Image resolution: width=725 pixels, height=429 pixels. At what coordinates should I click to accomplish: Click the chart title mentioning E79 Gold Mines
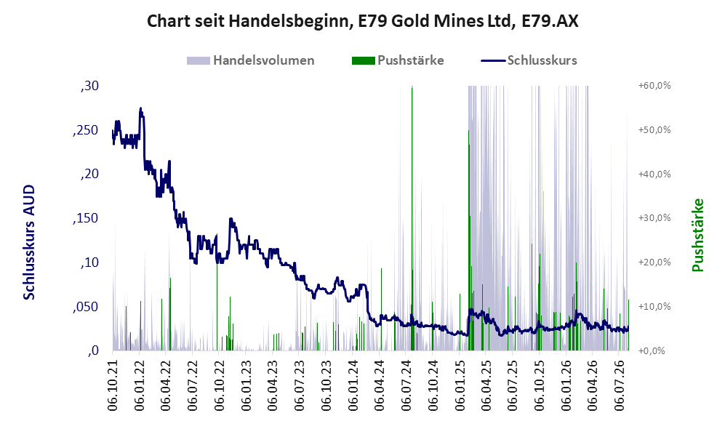point(362,21)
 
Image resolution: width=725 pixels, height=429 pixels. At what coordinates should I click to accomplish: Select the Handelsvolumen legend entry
point(250,60)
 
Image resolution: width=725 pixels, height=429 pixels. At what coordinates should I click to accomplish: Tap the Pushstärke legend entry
point(398,60)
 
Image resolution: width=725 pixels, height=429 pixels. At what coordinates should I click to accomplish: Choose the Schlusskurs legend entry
point(529,60)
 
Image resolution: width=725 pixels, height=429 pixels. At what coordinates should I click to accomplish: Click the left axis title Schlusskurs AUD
point(29,242)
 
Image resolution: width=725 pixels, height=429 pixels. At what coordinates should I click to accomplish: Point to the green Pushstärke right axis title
point(697,235)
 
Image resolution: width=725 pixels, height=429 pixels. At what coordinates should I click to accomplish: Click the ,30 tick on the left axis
point(89,86)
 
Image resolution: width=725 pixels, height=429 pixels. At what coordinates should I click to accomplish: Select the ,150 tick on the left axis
point(86,218)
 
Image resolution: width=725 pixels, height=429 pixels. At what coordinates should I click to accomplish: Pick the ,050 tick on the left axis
point(86,307)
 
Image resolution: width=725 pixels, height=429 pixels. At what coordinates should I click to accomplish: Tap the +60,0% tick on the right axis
point(654,86)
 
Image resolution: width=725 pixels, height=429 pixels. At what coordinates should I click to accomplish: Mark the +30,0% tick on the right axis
point(654,217)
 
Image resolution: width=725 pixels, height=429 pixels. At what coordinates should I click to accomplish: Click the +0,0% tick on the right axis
point(652,350)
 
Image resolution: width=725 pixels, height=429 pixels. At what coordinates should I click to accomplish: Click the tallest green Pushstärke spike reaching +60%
point(412,218)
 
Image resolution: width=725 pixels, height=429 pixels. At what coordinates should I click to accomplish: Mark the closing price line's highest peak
point(140,108)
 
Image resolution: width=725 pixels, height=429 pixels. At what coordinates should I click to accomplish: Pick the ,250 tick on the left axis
point(86,130)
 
